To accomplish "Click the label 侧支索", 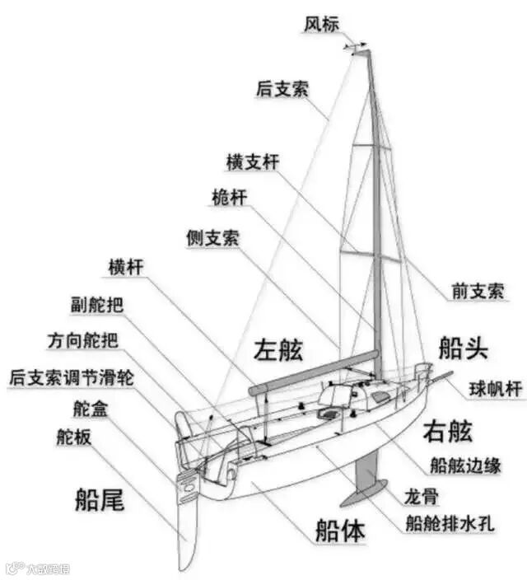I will pyautogui.click(x=212, y=238).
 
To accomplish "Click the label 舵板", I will pyautogui.click(x=74, y=437).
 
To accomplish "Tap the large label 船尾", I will pyautogui.click(x=100, y=499).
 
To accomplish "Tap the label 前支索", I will pyautogui.click(x=477, y=290).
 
